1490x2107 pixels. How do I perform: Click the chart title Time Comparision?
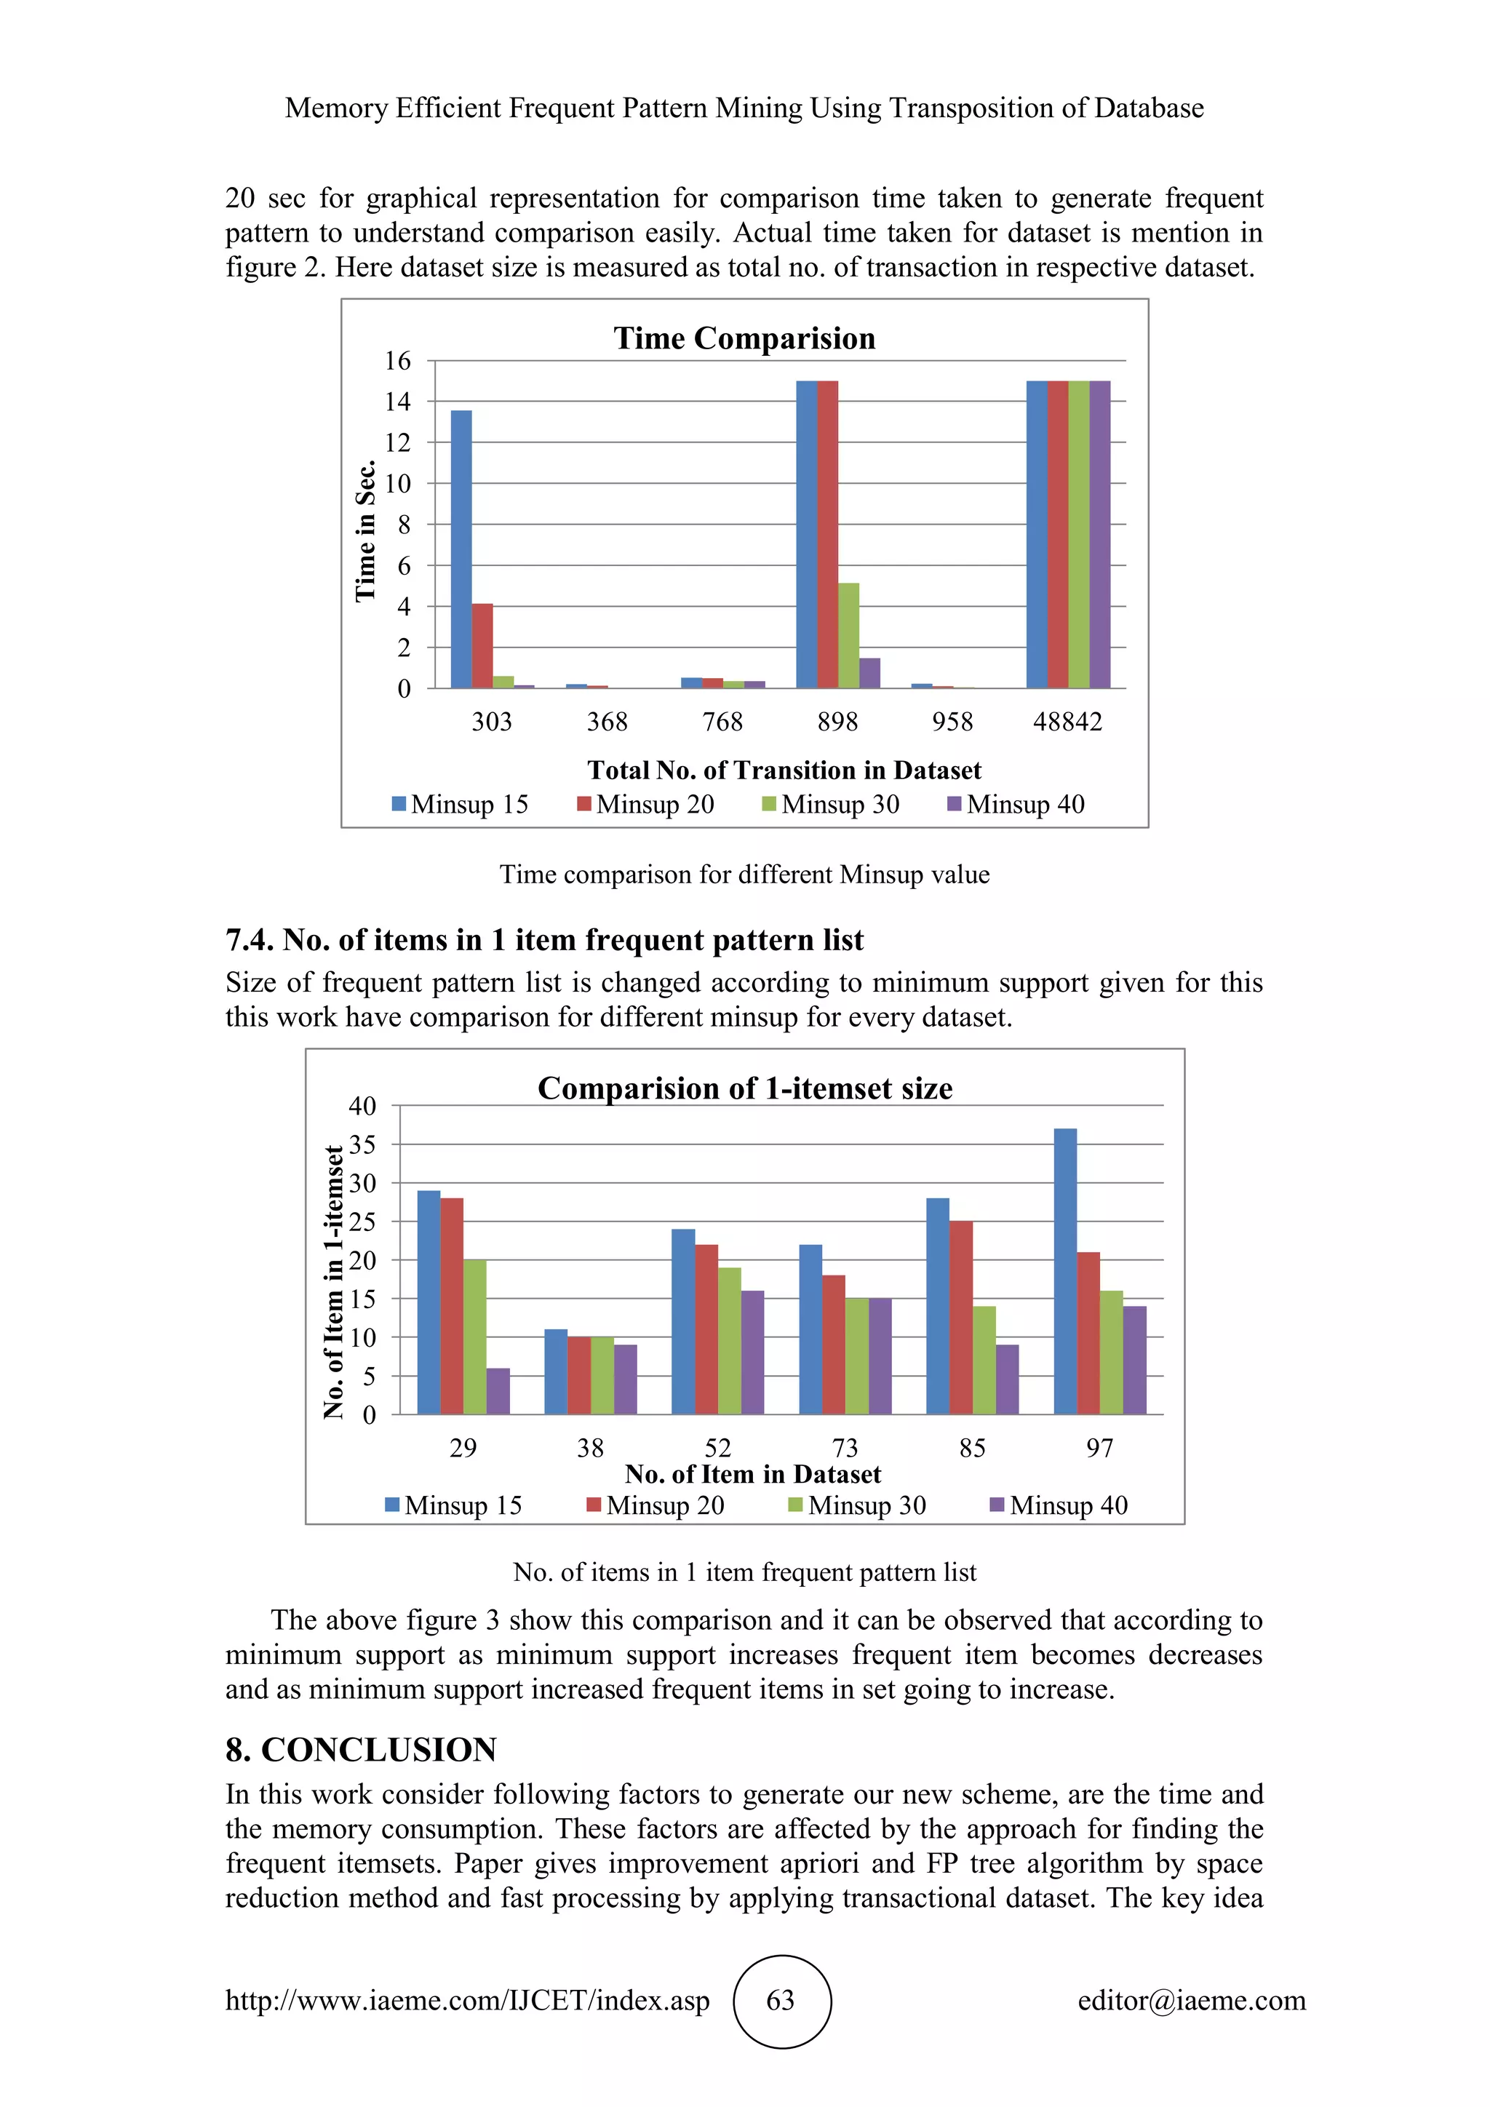tap(744, 338)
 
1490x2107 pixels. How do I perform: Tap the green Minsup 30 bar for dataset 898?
tap(849, 635)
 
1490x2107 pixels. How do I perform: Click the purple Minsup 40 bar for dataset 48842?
tap(1099, 534)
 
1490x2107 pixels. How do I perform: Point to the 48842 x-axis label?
tap(1067, 722)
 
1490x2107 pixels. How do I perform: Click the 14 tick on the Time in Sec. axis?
tap(397, 402)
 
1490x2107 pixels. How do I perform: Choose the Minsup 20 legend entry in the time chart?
tap(645, 805)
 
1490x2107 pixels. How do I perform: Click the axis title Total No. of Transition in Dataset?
tap(784, 770)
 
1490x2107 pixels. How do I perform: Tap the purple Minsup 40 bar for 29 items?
tap(498, 1391)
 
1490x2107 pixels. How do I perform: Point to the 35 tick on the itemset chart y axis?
tap(362, 1144)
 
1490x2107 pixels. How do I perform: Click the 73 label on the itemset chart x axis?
tap(844, 1448)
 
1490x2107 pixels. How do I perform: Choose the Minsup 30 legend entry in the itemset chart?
tap(857, 1506)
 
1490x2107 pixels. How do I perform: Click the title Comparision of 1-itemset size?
tap(744, 1088)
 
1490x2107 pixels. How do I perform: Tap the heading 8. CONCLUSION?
tap(361, 1750)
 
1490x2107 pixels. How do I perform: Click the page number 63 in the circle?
tap(781, 2001)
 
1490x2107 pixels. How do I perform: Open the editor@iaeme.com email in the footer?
tap(1191, 2001)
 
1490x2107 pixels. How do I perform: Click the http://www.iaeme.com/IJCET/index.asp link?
tap(467, 2001)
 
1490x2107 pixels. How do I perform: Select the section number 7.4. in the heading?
tap(250, 941)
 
